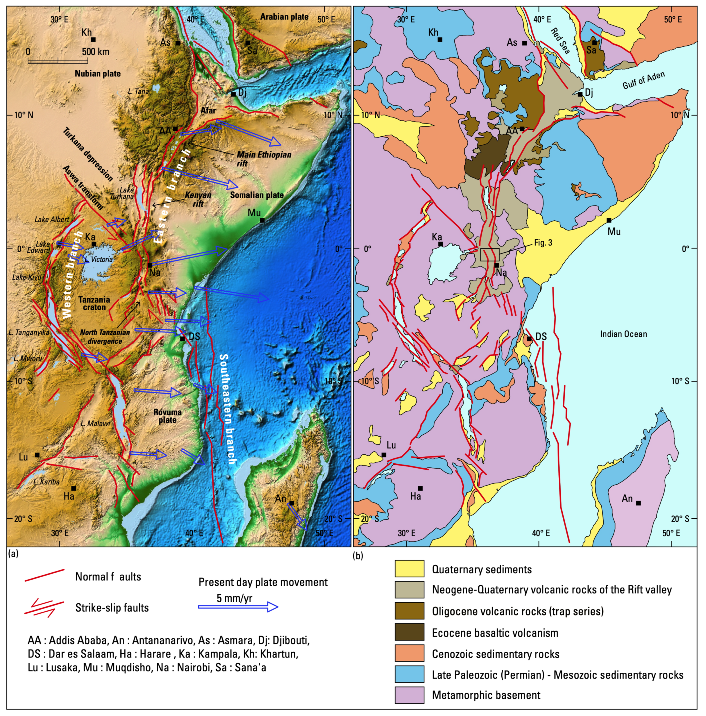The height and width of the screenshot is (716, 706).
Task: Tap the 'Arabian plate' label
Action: click(284, 17)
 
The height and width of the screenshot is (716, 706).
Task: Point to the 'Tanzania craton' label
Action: click(94, 303)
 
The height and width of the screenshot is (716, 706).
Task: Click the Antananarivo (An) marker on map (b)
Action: click(638, 503)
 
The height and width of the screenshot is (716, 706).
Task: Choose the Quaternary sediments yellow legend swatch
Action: click(409, 569)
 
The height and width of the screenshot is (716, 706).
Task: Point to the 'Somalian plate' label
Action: click(257, 195)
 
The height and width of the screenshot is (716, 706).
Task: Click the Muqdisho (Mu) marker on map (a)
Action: click(262, 220)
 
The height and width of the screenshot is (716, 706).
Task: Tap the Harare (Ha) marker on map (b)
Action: click(420, 489)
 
